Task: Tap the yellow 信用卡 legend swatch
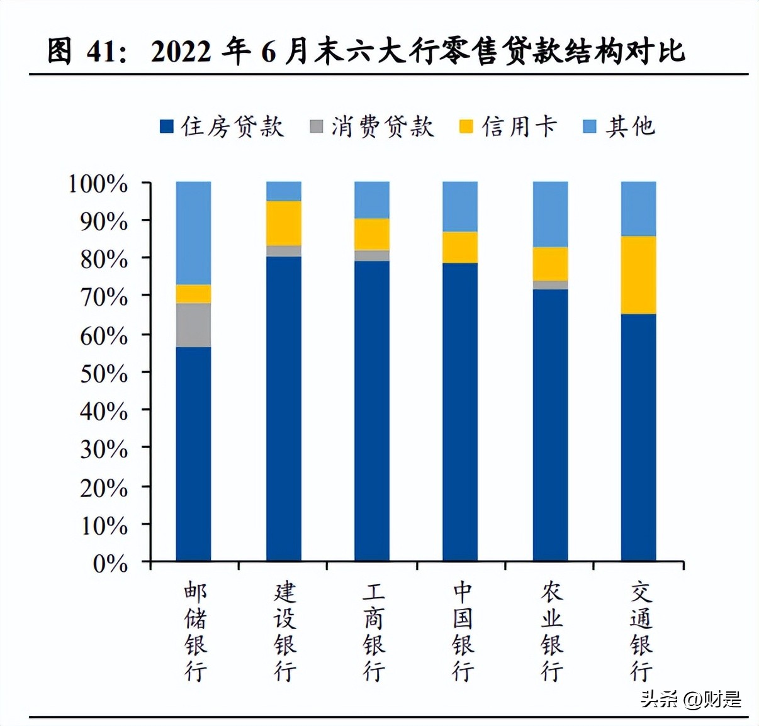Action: click(466, 126)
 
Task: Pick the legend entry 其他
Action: click(620, 126)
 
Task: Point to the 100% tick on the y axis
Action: click(98, 184)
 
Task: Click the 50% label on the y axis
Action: click(104, 374)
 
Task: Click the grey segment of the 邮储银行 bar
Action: click(193, 325)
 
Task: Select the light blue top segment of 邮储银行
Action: click(193, 233)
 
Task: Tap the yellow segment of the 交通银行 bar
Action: click(638, 275)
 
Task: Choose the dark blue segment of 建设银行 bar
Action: click(284, 409)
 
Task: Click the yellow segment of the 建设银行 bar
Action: click(284, 223)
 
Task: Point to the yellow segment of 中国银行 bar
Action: click(460, 247)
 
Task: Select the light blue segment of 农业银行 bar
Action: click(550, 214)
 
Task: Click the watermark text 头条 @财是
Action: click(690, 699)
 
